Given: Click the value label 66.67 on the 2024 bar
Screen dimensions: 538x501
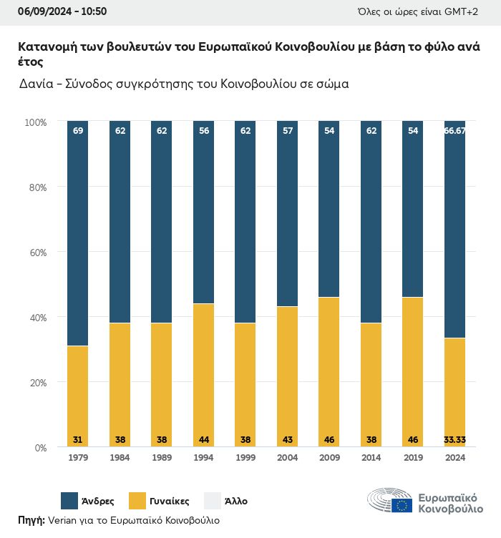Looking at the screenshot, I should point(454,131).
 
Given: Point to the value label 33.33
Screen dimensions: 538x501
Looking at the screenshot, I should point(454,439).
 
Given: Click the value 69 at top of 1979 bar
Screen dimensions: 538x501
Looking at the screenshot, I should point(78,131).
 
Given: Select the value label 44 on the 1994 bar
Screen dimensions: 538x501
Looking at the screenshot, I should point(203,439).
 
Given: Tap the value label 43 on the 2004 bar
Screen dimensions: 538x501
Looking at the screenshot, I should point(287,439).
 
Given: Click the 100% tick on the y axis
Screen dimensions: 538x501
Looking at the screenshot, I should point(36,122).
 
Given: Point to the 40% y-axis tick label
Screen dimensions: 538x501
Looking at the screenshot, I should point(38,318).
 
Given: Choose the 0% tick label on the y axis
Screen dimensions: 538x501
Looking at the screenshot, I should point(41,448).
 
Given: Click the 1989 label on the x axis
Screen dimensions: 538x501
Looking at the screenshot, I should point(162,458).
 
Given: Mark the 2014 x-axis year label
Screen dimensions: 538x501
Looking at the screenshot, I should point(371,458).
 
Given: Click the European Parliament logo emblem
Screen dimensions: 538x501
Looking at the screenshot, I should point(390,501).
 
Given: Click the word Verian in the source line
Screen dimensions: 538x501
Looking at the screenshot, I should point(62,520).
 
